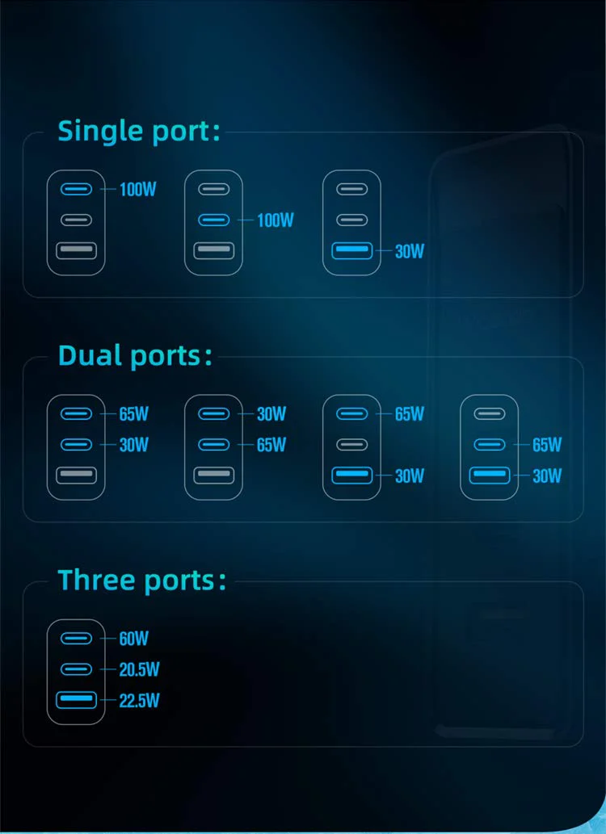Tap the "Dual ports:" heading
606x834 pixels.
coord(135,356)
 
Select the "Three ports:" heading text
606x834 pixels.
coord(141,580)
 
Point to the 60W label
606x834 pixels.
coord(133,639)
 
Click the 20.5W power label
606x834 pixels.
coord(139,669)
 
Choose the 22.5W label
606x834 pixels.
coord(139,701)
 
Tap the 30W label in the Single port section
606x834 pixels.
coord(410,251)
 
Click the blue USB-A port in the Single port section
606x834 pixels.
coord(352,250)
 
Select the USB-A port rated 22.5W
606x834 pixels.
coord(76,700)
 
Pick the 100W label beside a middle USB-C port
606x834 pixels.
coord(276,220)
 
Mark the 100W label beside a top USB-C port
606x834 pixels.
coord(137,189)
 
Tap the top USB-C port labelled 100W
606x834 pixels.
coord(76,189)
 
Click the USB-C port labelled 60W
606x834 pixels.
coord(76,639)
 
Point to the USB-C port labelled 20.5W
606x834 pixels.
coord(76,669)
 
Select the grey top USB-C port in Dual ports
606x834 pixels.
coord(490,413)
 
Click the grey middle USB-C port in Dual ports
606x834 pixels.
coord(352,444)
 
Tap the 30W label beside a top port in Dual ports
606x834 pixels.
coord(271,413)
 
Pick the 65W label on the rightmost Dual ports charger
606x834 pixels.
coord(547,444)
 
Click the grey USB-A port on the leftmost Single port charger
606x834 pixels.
coord(76,250)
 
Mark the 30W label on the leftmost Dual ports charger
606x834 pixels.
coord(133,444)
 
